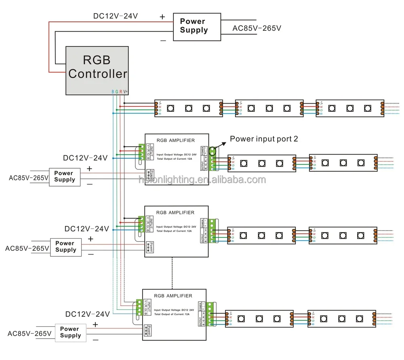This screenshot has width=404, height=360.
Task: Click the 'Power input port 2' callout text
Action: (264, 139)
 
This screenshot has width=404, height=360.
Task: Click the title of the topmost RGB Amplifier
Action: (175, 140)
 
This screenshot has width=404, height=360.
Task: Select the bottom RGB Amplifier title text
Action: (173, 296)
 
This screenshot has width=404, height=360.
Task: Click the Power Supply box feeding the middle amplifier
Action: (65, 246)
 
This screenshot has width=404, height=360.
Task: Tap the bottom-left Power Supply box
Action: (70, 332)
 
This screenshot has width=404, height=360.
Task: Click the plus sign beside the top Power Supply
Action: (162, 17)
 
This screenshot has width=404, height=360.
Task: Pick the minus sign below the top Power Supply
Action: (163, 40)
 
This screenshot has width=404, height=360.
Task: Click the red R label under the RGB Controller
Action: (121, 92)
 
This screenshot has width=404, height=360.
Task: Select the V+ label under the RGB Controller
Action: (126, 92)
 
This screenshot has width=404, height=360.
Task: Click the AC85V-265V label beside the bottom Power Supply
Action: (30, 334)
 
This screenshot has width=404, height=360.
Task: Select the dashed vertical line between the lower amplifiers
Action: (173, 273)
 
